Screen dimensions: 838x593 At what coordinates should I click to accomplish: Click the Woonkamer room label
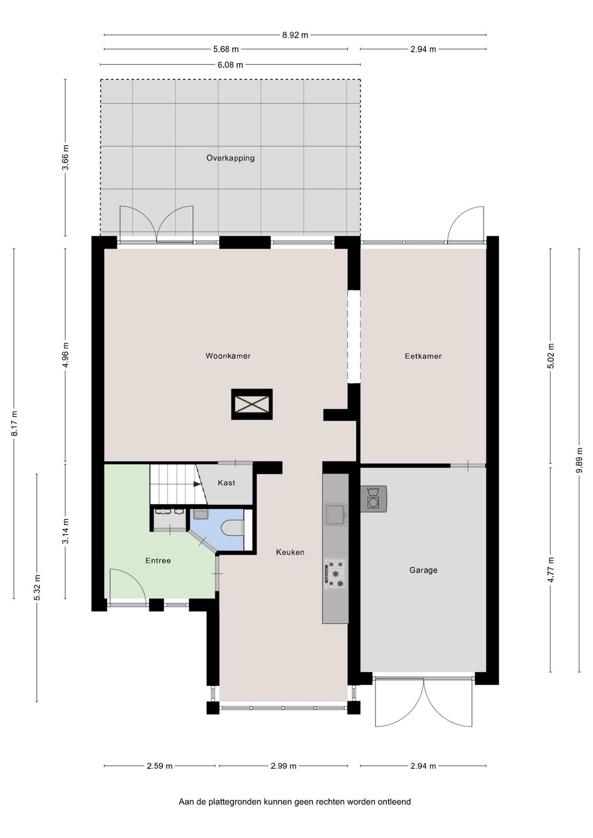coord(228,356)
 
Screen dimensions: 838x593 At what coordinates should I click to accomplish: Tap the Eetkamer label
coord(423,356)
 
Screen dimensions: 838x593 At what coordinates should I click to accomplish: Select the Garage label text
coord(423,570)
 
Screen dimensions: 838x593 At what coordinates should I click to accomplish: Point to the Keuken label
coord(290,552)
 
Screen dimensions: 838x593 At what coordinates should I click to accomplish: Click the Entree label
coord(158,561)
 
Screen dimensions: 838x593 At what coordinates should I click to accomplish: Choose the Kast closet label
coord(226,483)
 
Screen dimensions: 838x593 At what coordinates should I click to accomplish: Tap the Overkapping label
coord(230,158)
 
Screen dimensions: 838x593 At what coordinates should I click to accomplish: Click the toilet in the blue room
coord(233,528)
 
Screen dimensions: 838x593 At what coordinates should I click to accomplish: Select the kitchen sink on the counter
coord(335,515)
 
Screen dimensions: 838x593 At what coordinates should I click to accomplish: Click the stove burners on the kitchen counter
coord(335,574)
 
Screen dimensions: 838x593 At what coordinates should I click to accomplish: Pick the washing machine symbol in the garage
coord(373,499)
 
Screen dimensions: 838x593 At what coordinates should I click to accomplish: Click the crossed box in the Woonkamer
coord(252,405)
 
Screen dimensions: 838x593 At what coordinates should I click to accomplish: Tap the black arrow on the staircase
coord(197,484)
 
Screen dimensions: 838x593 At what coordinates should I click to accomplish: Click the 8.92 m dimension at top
coord(295,35)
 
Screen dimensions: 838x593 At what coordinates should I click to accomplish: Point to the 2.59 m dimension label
coord(160,766)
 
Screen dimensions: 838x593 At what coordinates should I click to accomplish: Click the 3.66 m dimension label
coord(65,158)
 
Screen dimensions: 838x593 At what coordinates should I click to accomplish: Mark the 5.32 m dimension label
coord(37,588)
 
